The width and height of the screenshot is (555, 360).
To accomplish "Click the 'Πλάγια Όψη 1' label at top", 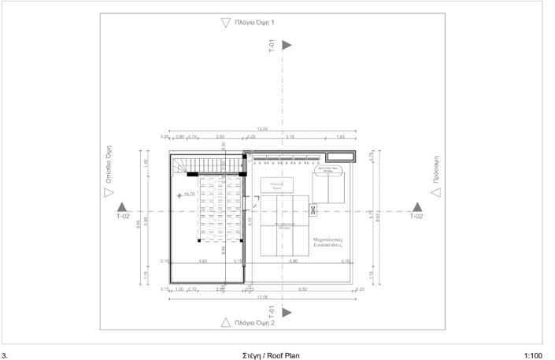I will pyautogui.click(x=257, y=24).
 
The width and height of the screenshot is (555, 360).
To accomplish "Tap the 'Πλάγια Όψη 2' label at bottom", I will pyautogui.click(x=257, y=322).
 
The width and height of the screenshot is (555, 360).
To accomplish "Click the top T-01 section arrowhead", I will pyautogui.click(x=287, y=46).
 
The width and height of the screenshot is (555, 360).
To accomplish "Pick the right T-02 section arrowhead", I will pyautogui.click(x=416, y=206).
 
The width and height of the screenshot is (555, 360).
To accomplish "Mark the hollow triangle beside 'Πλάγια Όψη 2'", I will pyautogui.click(x=226, y=321).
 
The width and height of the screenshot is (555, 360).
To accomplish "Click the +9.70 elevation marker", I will pyautogui.click(x=187, y=194).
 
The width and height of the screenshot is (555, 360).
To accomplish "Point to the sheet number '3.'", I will pyautogui.click(x=6, y=355).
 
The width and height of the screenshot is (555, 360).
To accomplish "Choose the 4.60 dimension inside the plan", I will pyautogui.click(x=202, y=261).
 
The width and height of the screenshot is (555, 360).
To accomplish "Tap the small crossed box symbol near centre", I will pyautogui.click(x=313, y=210).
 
